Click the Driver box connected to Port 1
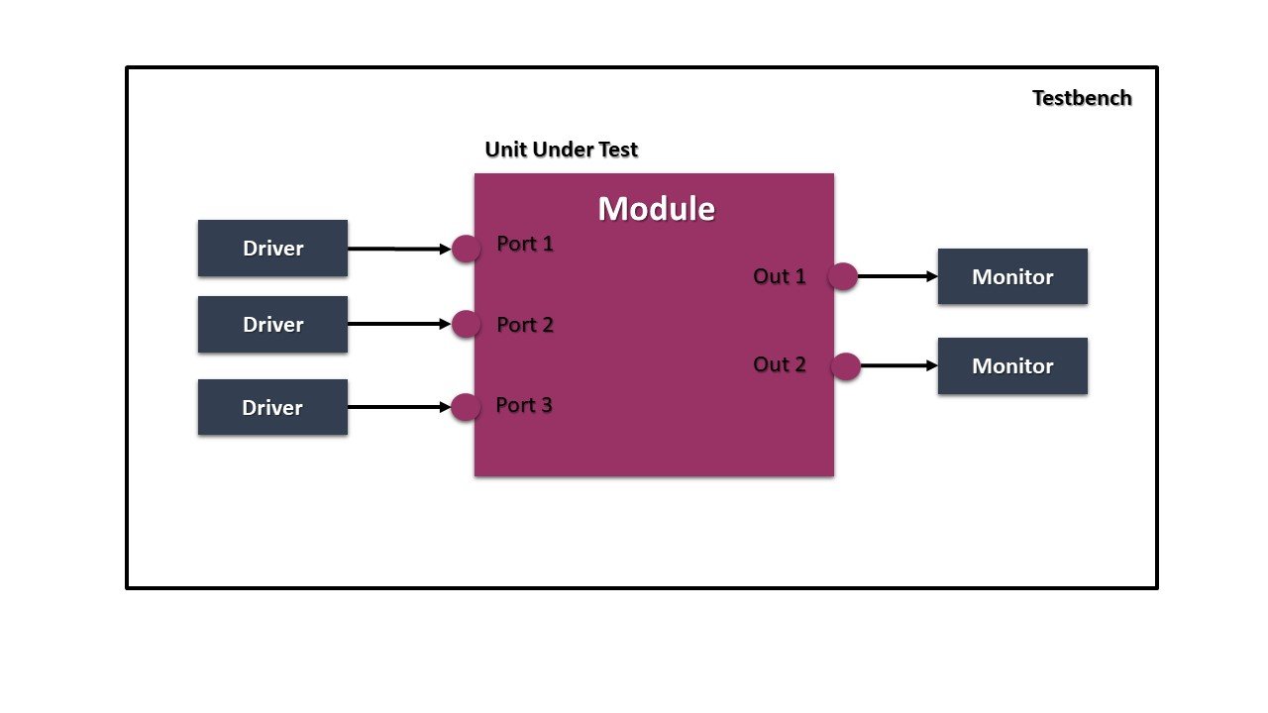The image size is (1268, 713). (272, 248)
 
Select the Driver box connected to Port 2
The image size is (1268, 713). (272, 324)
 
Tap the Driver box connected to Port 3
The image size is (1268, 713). (272, 407)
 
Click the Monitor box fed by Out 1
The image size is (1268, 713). (1012, 276)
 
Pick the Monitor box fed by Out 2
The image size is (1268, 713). (1012, 365)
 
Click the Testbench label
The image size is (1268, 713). (1082, 98)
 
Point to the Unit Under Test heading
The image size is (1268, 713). (561, 150)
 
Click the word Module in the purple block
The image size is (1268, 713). (656, 209)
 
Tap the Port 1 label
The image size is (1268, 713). (525, 244)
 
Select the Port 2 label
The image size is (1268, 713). (525, 325)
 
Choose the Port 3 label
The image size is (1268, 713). (525, 405)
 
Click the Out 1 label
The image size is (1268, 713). (780, 276)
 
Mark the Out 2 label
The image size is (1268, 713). (780, 364)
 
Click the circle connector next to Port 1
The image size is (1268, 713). (466, 249)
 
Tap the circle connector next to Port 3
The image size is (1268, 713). (466, 407)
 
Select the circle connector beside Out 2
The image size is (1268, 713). (845, 366)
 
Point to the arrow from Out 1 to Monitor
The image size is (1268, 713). (898, 276)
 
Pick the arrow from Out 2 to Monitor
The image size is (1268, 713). (898, 365)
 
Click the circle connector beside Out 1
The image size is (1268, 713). (842, 276)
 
